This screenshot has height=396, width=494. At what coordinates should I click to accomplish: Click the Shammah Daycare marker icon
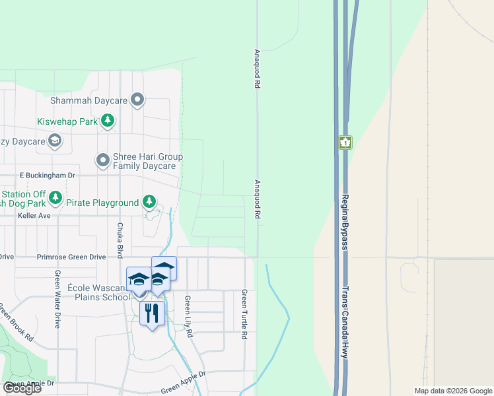coord(137,100)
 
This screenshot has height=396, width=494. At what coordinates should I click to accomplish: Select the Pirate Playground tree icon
coord(150,202)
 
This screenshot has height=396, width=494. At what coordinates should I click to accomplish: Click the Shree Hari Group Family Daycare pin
coord(103,160)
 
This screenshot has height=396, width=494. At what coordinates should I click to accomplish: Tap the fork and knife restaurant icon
coord(152,312)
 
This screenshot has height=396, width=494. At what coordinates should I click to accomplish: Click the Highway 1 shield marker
coord(345,142)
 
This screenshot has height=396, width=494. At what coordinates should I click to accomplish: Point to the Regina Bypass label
coord(345,221)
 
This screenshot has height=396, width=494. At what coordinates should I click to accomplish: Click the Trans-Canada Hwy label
coord(344,322)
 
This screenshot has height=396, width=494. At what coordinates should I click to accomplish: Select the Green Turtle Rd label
coord(244,314)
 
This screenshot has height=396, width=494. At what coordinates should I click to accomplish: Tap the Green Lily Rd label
coord(188,316)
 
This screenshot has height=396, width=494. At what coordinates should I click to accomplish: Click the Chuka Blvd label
coord(120,240)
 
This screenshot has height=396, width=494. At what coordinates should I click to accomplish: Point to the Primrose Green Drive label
coord(71,257)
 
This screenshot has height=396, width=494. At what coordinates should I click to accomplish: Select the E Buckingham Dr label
coord(48,176)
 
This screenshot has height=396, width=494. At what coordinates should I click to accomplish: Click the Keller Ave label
coord(34,216)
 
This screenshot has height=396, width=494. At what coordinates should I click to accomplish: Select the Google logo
coord(22,388)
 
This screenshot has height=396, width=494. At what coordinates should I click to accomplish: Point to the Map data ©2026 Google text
coord(452,391)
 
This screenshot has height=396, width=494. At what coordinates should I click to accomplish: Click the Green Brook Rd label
coord(16,321)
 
